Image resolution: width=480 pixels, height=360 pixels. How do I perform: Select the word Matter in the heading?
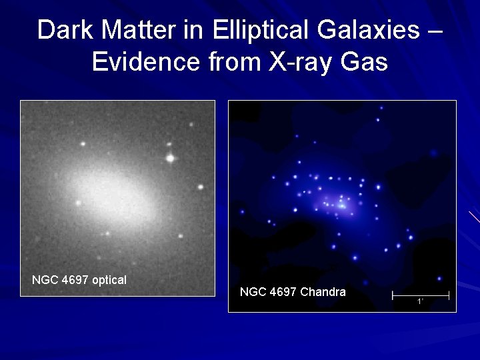pyautogui.click(x=139, y=30)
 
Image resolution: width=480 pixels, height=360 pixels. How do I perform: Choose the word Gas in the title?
pyautogui.click(x=364, y=61)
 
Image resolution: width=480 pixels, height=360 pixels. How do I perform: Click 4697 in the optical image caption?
pyautogui.click(x=75, y=280)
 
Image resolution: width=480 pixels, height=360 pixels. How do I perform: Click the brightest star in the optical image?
pyautogui.click(x=171, y=159)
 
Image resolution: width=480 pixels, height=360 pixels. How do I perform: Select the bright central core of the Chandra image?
pyautogui.click(x=341, y=205)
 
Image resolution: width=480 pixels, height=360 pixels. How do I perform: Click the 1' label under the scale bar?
pyautogui.click(x=420, y=302)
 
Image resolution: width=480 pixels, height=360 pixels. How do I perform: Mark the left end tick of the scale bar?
pyautogui.click(x=393, y=295)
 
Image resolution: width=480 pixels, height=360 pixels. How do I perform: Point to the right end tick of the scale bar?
pyautogui.click(x=449, y=295)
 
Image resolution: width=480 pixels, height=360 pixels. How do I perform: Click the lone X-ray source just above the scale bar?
pyautogui.click(x=439, y=279)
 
